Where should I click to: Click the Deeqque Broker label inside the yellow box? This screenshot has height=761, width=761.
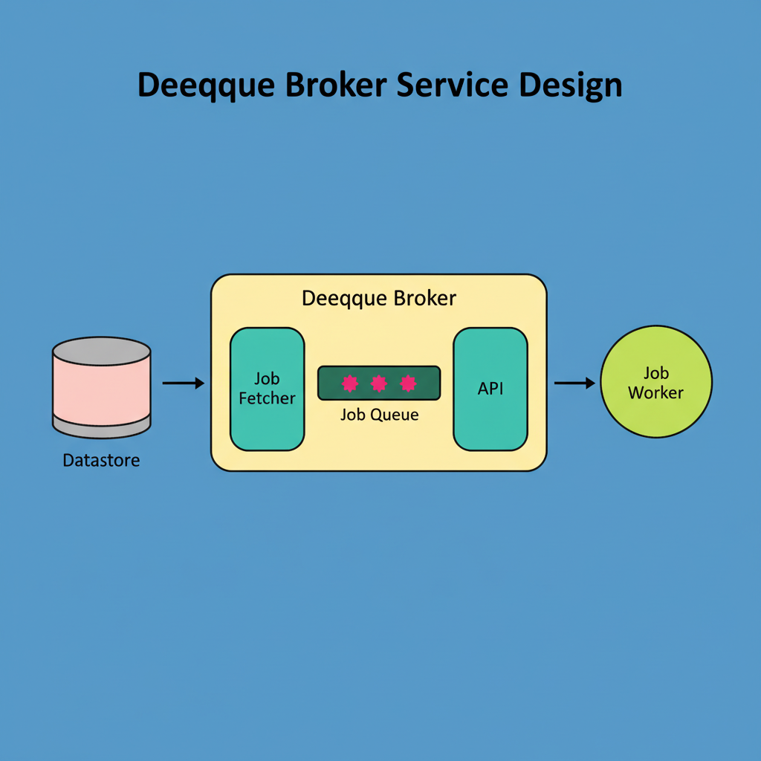379,299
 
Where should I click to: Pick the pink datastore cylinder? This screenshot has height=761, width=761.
102,391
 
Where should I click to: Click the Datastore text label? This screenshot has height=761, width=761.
101,461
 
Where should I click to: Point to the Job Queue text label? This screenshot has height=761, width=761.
379,415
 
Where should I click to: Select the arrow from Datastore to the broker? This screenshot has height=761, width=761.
183,383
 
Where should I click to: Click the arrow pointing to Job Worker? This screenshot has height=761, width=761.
574,383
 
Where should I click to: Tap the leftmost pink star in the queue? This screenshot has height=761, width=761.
350,383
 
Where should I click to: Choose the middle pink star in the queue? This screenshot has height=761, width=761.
379,383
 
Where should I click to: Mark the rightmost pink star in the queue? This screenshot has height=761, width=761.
407,383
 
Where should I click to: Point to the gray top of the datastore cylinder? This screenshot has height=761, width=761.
102,351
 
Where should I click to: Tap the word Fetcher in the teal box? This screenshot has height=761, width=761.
268,398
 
